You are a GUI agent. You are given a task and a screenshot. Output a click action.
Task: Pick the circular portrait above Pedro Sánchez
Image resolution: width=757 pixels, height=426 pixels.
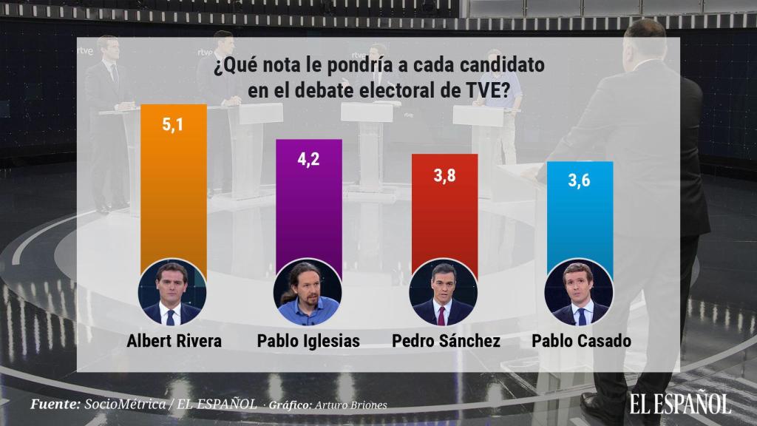pyautogui.click(x=444, y=294)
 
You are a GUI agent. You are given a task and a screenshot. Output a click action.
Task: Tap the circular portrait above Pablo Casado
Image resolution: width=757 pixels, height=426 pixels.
pyautogui.click(x=579, y=294)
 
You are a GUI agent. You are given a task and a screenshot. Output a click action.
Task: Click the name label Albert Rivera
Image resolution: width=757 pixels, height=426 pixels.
pyautogui.click(x=173, y=341)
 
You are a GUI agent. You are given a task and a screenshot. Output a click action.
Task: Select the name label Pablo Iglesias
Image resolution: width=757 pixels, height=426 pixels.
pyautogui.click(x=308, y=341)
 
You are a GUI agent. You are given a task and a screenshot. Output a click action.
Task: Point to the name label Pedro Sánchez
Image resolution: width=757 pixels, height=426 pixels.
pyautogui.click(x=444, y=341)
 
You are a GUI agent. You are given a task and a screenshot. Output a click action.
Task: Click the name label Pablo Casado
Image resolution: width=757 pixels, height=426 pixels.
pyautogui.click(x=579, y=341)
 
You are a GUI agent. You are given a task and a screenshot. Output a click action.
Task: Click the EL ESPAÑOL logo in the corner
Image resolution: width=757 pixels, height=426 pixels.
pyautogui.click(x=680, y=403)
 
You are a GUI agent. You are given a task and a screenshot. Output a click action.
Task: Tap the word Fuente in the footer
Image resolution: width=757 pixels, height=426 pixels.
pyautogui.click(x=55, y=405)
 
